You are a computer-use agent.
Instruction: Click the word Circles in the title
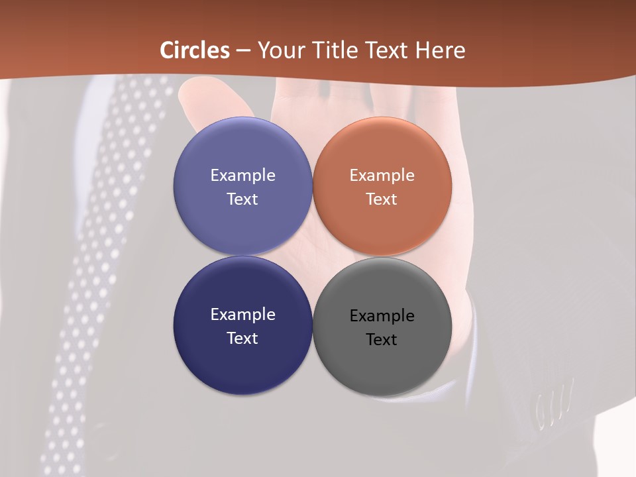[x=195, y=50]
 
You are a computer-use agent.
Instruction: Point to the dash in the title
[x=243, y=51]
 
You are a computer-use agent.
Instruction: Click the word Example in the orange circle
[x=382, y=175]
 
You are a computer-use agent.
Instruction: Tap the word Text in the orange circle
[x=382, y=199]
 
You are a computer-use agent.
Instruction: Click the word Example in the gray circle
[x=382, y=315]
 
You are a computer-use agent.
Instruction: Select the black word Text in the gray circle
[x=382, y=339]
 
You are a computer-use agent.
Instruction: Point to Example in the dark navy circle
[x=242, y=314]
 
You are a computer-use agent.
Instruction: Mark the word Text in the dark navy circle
[x=242, y=338]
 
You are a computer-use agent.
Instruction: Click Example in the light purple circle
[x=242, y=175]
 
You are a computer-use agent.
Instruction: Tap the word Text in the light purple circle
[x=242, y=199]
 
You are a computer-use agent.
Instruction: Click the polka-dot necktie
[x=99, y=265]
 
